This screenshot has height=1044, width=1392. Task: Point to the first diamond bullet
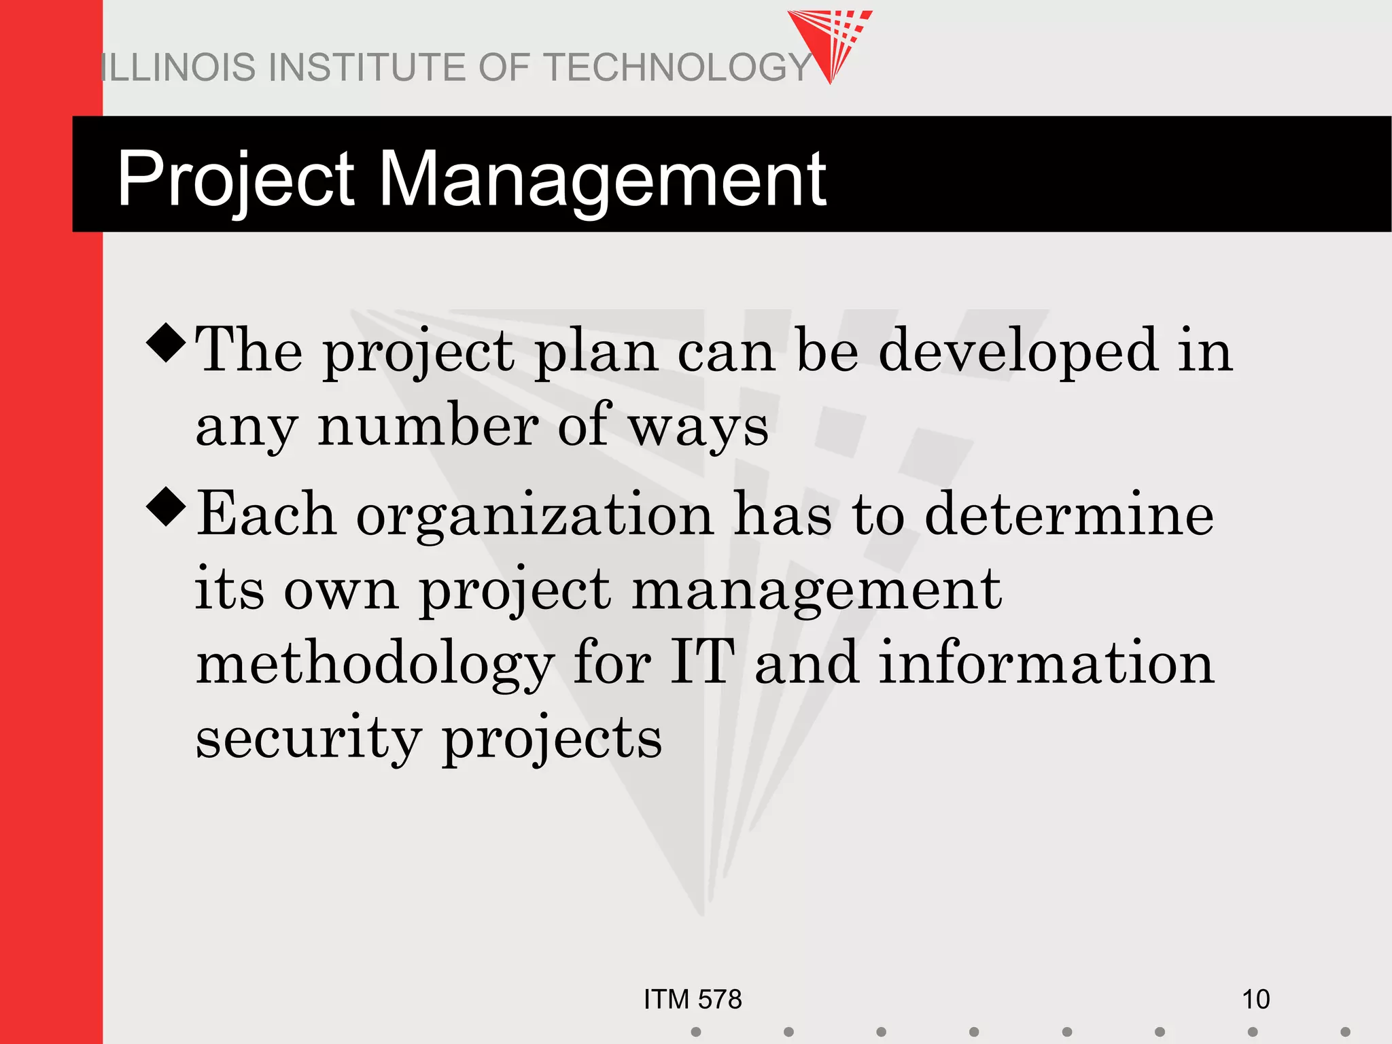click(x=166, y=343)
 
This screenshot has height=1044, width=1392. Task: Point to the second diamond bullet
click(x=166, y=507)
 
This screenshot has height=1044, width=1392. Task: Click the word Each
click(x=266, y=514)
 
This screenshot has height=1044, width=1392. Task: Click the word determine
click(x=1068, y=514)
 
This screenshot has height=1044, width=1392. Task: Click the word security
click(x=309, y=739)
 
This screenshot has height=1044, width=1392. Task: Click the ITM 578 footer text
click(x=693, y=999)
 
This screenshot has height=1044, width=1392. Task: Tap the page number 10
click(x=1255, y=999)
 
